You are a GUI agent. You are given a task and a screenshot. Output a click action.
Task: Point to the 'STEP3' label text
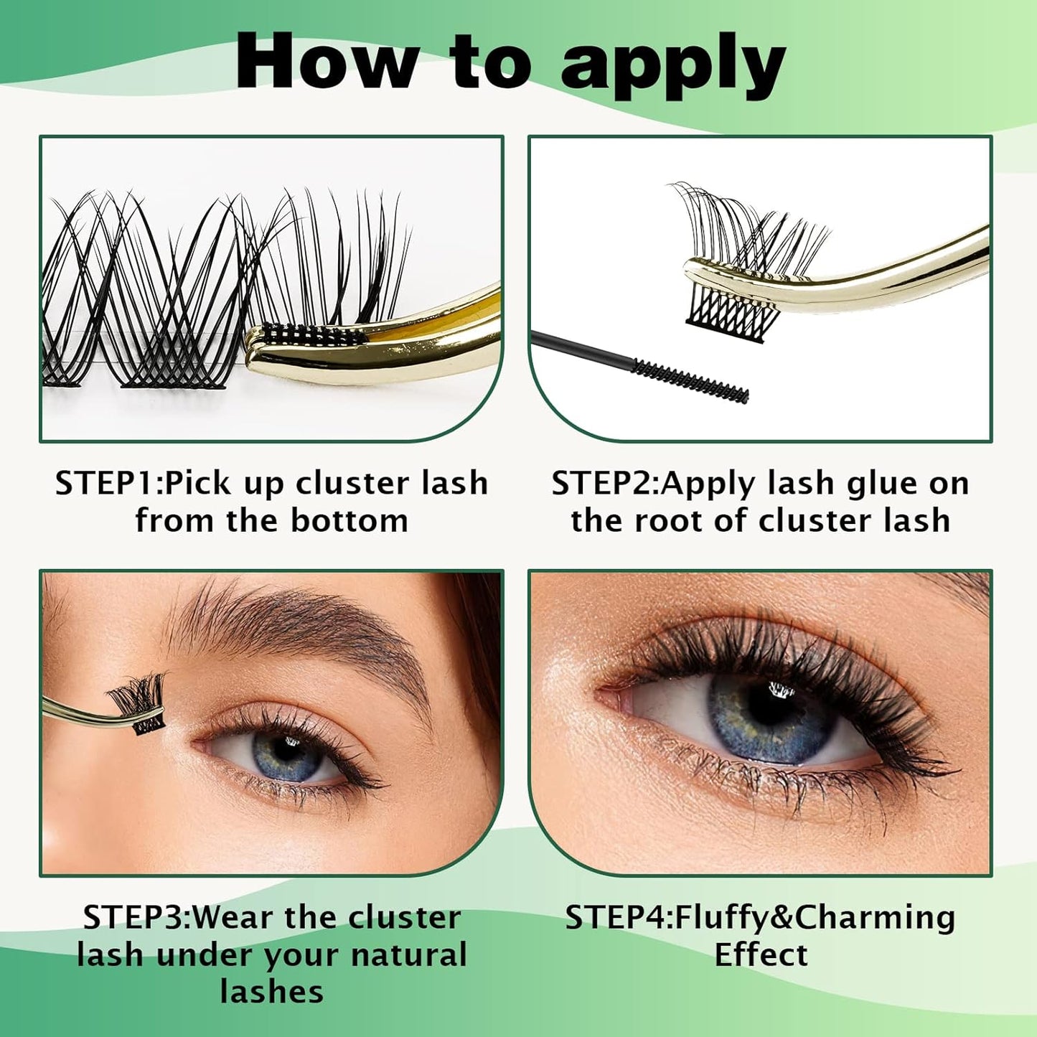point(136,918)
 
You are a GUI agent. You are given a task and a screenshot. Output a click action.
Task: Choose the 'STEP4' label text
point(618,918)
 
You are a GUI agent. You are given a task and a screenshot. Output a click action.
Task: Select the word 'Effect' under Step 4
point(761,955)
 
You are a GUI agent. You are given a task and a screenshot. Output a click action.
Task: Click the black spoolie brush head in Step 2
point(689,380)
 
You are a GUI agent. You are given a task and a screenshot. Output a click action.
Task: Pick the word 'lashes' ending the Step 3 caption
point(272,993)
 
